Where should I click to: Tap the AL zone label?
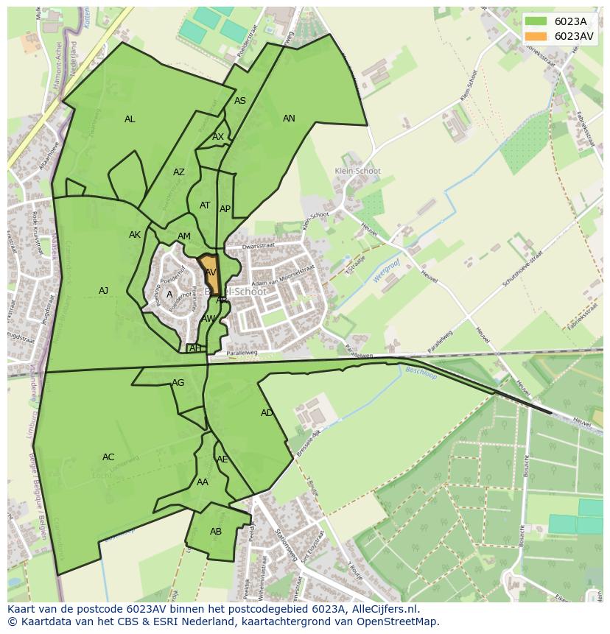point(130,119)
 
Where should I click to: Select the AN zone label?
point(289,119)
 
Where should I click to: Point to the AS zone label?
point(240,101)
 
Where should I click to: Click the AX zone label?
point(218,137)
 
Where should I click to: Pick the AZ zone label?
point(179,172)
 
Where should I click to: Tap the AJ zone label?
point(104,291)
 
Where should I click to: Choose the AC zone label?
point(108,457)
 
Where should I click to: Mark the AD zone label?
point(267,413)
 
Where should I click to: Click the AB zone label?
point(216,532)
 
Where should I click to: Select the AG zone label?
point(178,383)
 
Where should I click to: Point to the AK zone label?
point(135,235)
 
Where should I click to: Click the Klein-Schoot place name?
point(357,171)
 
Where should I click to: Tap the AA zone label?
point(203,482)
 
